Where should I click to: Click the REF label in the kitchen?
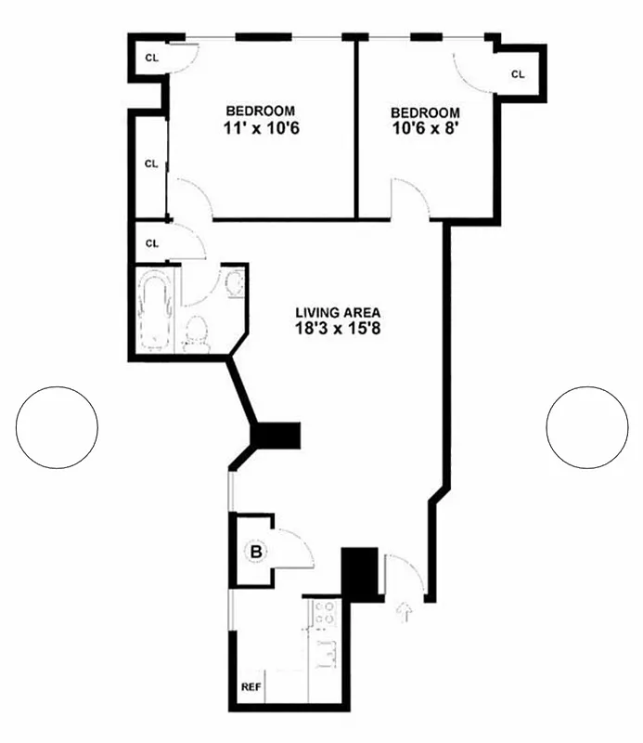click(x=251, y=688)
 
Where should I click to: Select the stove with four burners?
click(x=325, y=612)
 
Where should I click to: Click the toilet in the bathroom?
click(x=196, y=332)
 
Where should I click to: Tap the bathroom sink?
click(x=233, y=283)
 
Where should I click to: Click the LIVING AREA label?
click(x=338, y=312)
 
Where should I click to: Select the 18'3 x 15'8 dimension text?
click(x=338, y=329)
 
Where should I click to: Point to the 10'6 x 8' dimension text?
click(x=426, y=129)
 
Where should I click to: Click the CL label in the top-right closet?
click(x=517, y=73)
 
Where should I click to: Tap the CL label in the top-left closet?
click(x=151, y=57)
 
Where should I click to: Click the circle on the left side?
click(x=57, y=427)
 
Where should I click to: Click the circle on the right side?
click(x=587, y=427)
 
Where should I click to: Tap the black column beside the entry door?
click(x=361, y=573)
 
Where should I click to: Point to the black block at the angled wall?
click(x=277, y=435)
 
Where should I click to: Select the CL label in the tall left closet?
click(x=151, y=163)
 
